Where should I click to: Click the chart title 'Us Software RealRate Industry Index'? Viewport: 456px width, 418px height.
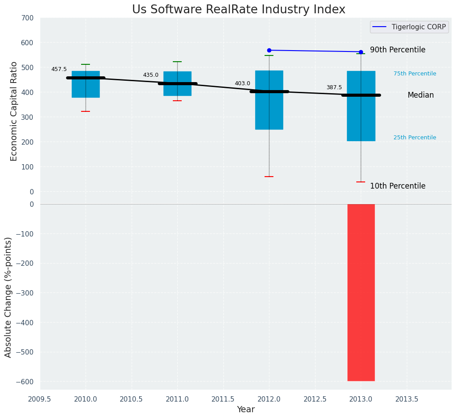(x=238, y=10)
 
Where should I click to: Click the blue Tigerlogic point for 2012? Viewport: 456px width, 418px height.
(x=269, y=50)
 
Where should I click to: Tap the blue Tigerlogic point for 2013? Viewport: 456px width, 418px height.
(x=361, y=52)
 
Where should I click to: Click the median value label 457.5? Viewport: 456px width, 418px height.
(x=59, y=69)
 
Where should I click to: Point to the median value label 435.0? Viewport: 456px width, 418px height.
(x=151, y=75)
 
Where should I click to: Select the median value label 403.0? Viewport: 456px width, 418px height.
(x=242, y=83)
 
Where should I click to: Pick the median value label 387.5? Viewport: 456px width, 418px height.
(x=334, y=87)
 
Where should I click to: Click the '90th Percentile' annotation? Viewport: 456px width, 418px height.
(x=398, y=50)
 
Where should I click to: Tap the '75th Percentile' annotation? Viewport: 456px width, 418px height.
(x=414, y=74)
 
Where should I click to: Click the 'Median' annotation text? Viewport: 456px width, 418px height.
(x=421, y=95)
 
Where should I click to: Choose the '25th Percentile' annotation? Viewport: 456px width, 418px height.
(x=414, y=138)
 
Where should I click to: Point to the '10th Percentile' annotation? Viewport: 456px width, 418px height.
(x=398, y=186)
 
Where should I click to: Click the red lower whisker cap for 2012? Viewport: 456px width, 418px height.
(x=269, y=177)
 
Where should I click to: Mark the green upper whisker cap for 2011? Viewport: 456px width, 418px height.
(x=177, y=62)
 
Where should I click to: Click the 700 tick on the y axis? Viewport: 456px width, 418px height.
(x=27, y=18)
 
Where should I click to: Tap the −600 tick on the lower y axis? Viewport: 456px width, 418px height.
(x=25, y=382)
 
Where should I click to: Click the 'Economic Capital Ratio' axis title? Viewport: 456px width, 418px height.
(x=14, y=111)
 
